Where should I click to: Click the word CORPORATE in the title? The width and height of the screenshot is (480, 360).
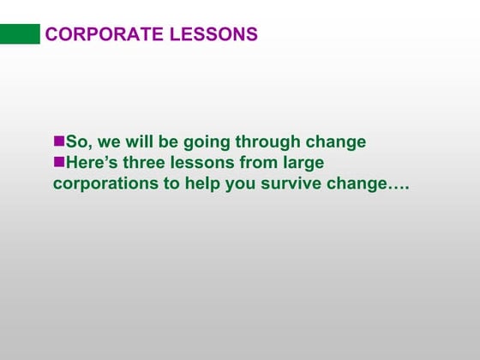pos(102,34)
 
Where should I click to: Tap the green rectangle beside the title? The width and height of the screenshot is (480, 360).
pos(20,33)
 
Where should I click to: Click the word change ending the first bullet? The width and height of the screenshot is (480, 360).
pos(339,142)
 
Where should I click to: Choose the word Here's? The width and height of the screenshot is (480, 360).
pos(93,162)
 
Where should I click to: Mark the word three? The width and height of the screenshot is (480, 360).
pos(151,162)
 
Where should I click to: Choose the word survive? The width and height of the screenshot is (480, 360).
pos(291,183)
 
